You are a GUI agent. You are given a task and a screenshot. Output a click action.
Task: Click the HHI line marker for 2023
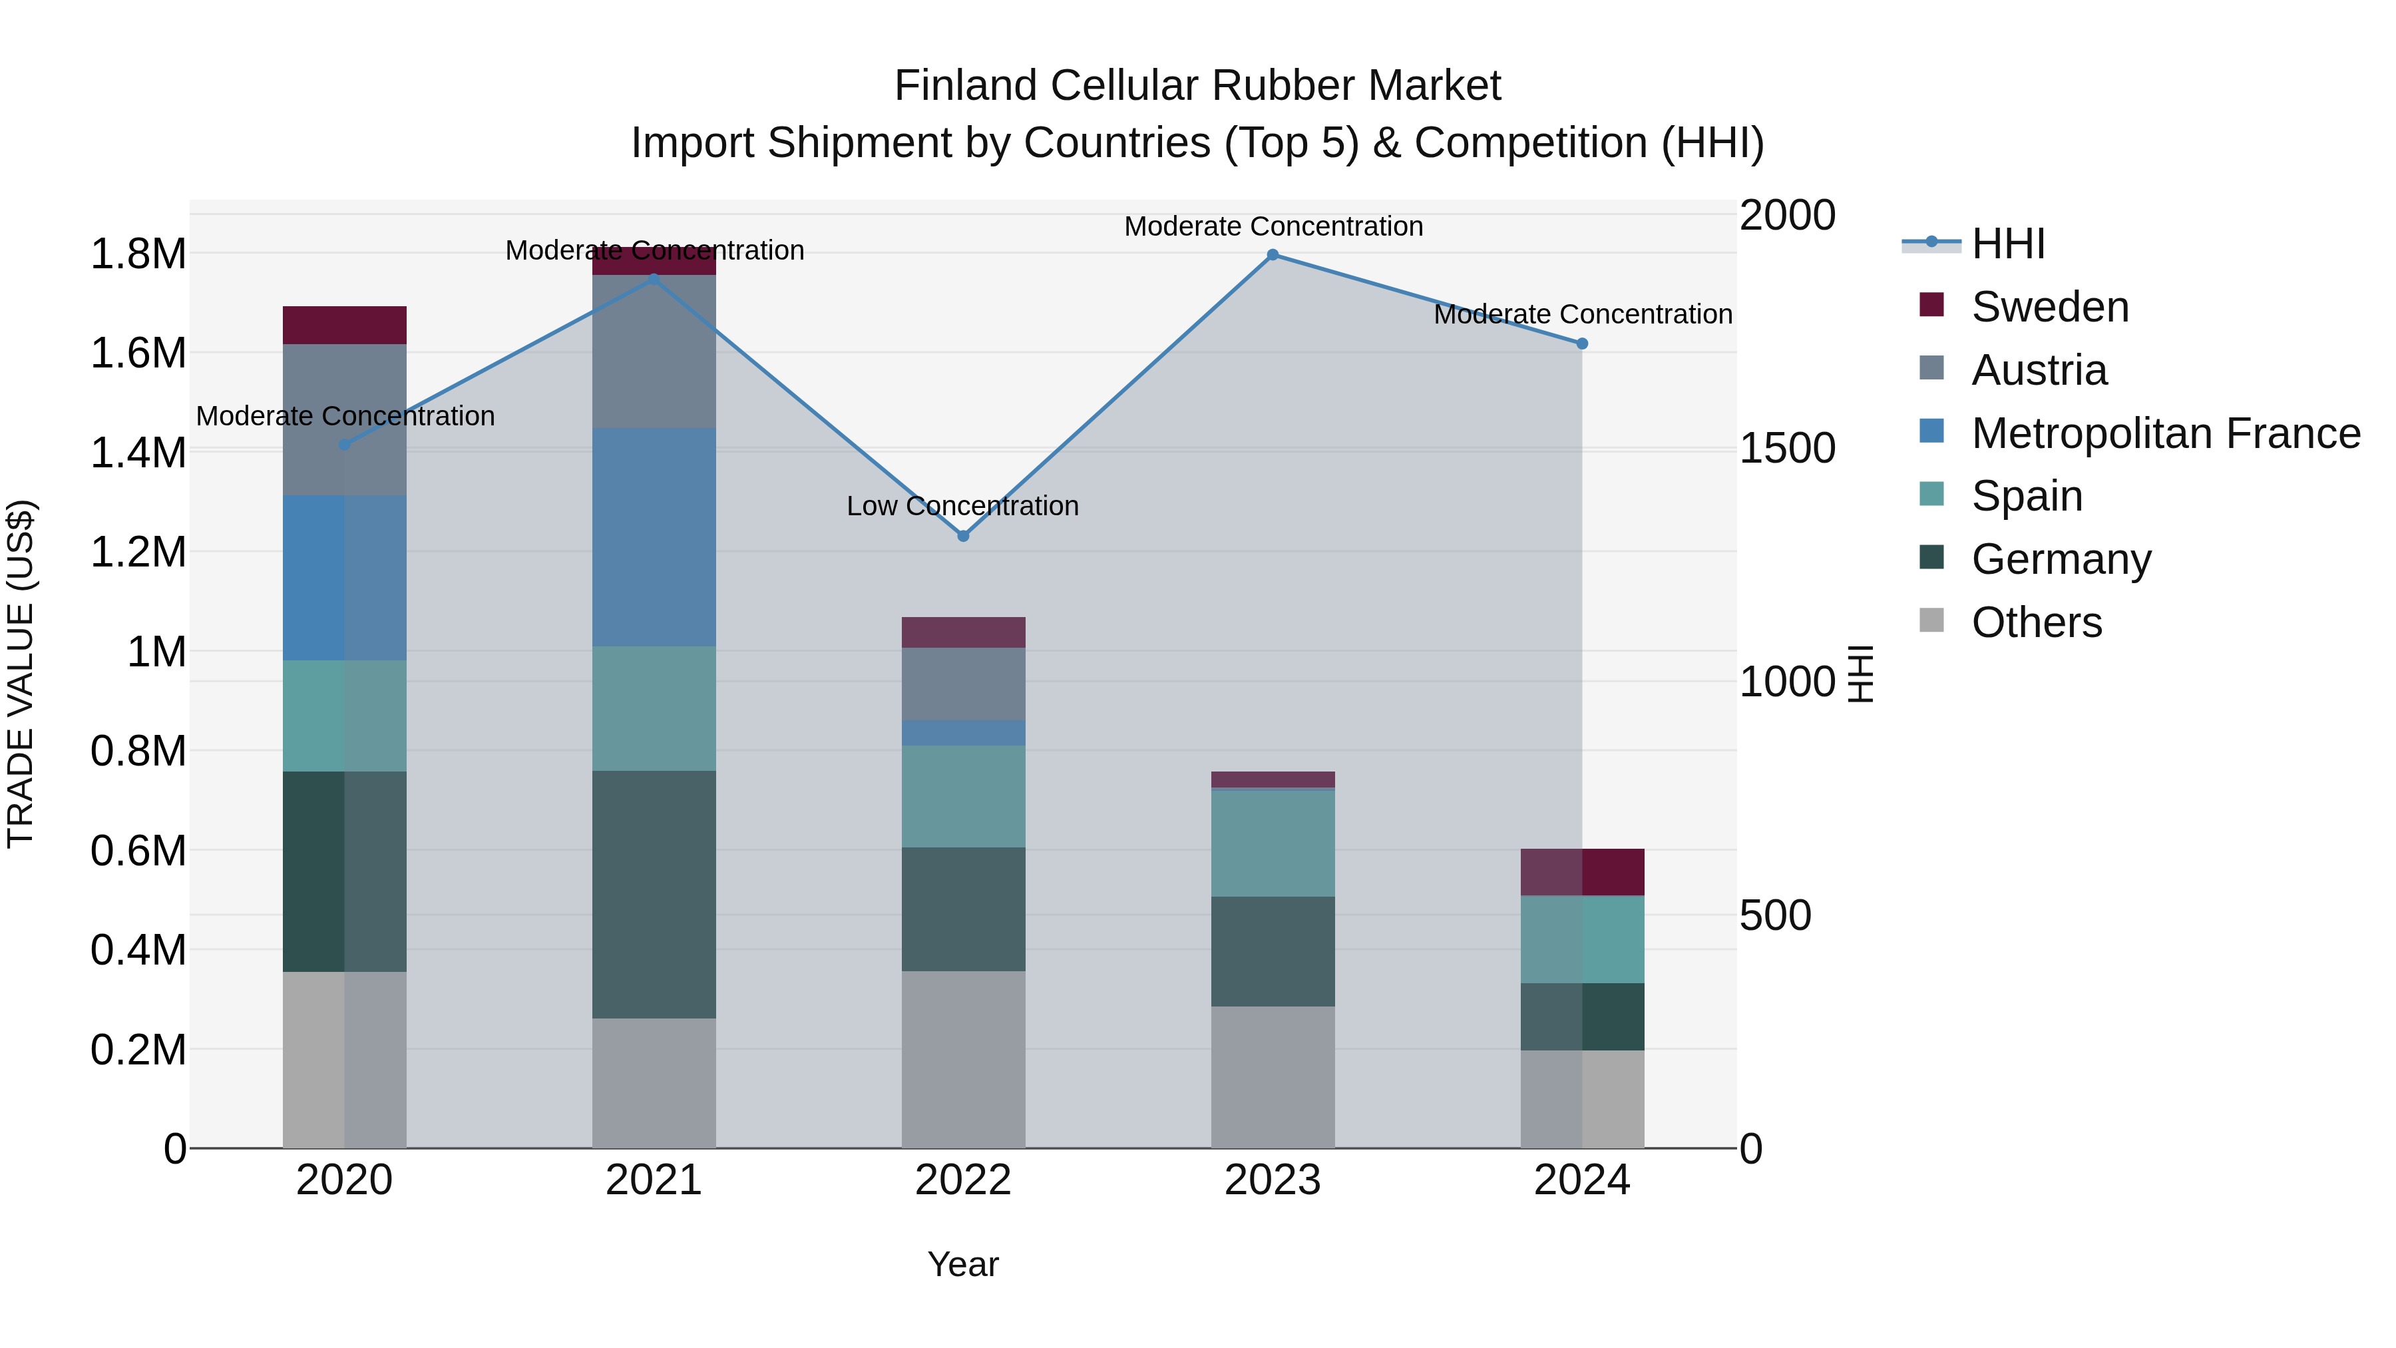(x=1273, y=255)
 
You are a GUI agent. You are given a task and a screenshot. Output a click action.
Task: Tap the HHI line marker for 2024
(x=1582, y=344)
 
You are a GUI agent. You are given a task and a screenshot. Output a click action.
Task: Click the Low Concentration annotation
(x=962, y=506)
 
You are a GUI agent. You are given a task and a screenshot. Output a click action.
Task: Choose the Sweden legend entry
(x=2049, y=307)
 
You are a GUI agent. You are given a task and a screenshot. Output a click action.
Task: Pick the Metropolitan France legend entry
(x=2164, y=433)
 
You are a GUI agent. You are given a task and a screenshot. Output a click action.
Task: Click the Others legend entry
(x=2036, y=622)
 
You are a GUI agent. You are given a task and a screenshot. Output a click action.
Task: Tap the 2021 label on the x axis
(x=654, y=1180)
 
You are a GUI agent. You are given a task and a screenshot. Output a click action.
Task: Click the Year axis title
(x=962, y=1264)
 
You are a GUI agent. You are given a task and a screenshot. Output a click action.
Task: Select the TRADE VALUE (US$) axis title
(x=21, y=674)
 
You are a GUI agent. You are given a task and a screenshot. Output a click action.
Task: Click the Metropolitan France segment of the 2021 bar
(x=654, y=537)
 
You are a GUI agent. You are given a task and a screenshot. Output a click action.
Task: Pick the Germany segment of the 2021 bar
(x=654, y=894)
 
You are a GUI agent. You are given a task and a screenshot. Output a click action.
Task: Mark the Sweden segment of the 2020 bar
(x=344, y=325)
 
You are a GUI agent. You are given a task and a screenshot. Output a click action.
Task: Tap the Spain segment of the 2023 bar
(x=1273, y=843)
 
